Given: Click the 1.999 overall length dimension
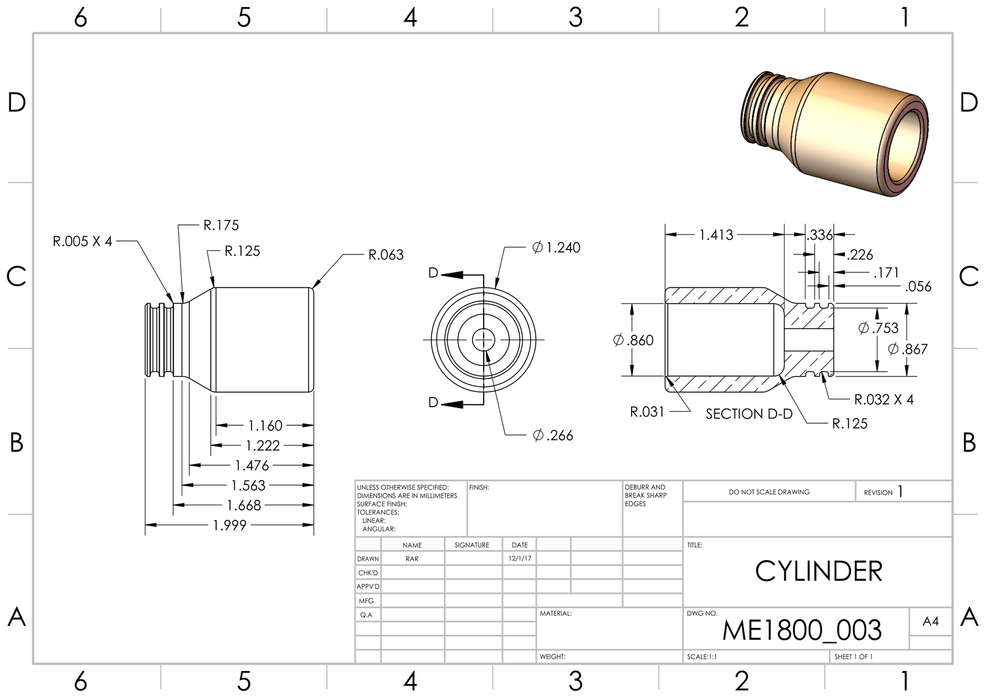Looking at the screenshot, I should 230,525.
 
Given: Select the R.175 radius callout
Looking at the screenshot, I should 221,226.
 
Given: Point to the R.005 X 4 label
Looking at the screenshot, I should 83,242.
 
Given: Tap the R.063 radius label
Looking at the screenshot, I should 386,255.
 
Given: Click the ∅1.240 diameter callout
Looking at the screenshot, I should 556,248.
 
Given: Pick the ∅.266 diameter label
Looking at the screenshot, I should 553,436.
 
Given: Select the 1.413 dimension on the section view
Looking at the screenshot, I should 716,235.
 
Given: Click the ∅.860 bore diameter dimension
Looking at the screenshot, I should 633,340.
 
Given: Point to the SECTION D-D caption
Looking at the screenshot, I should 749,414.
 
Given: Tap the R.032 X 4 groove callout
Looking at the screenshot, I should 883,400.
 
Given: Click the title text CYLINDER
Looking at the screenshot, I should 818,572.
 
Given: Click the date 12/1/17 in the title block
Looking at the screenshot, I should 519,558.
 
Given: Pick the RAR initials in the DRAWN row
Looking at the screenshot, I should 412,559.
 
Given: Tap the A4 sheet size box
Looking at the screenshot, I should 931,622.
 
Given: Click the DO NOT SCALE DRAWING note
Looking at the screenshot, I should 768,492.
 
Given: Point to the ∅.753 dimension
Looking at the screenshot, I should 878,328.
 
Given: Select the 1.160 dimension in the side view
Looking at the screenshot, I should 265,426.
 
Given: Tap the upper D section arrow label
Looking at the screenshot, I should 433,273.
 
